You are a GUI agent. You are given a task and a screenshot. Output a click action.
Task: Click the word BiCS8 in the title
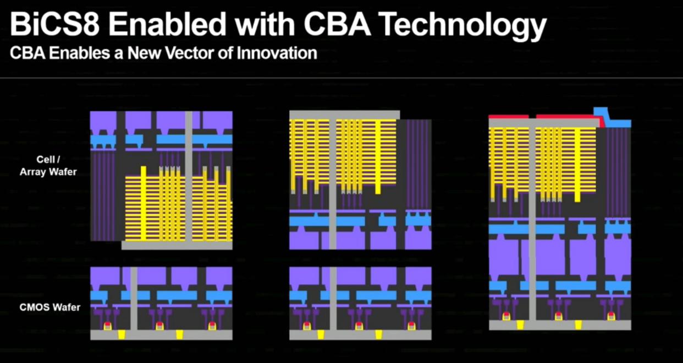(55, 24)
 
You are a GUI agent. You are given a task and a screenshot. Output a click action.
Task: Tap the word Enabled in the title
(167, 24)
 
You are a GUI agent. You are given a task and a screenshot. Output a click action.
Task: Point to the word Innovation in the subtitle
(277, 53)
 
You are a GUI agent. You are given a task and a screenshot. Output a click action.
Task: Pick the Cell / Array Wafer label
(48, 165)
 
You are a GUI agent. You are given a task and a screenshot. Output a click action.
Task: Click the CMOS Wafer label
(50, 307)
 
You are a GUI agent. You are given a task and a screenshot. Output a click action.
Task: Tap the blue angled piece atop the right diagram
(612, 117)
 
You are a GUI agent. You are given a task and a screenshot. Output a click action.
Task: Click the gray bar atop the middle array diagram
(345, 115)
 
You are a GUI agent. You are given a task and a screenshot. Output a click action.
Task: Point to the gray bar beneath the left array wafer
(177, 246)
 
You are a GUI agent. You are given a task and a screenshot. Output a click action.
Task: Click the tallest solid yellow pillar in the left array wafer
(144, 204)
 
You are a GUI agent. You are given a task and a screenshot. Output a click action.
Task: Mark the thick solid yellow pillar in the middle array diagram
(378, 156)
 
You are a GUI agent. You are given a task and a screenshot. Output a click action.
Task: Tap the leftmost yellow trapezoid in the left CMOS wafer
(122, 334)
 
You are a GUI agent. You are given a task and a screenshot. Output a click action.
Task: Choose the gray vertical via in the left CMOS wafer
(134, 299)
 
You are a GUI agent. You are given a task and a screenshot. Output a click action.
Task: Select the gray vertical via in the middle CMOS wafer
(333, 299)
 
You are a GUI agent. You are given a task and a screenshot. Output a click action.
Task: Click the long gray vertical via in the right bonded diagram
(532, 220)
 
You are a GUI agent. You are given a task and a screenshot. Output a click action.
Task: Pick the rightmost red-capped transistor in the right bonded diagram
(611, 316)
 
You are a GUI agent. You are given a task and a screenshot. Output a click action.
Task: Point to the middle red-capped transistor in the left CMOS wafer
(160, 326)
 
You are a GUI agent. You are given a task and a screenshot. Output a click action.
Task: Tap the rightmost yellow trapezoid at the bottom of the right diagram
(579, 325)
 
